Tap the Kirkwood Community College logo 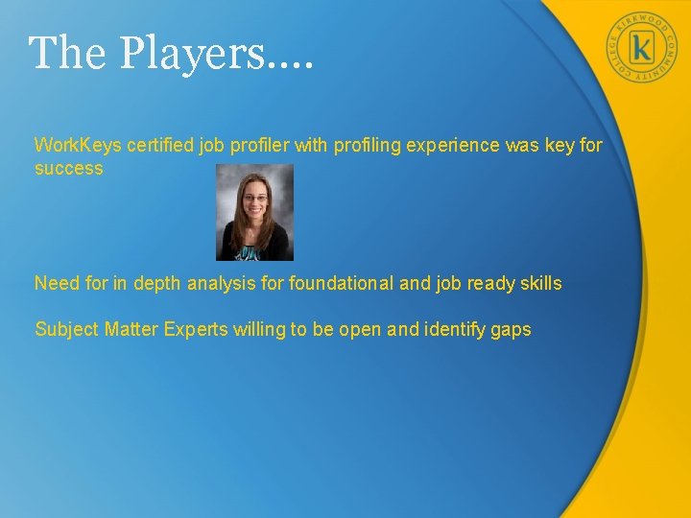[642, 47]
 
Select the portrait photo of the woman [254, 212]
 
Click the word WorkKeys [73, 146]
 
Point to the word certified [150, 146]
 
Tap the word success [68, 169]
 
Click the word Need [55, 283]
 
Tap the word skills [540, 283]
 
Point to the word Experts [196, 330]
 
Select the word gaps [511, 330]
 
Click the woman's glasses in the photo [254, 199]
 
